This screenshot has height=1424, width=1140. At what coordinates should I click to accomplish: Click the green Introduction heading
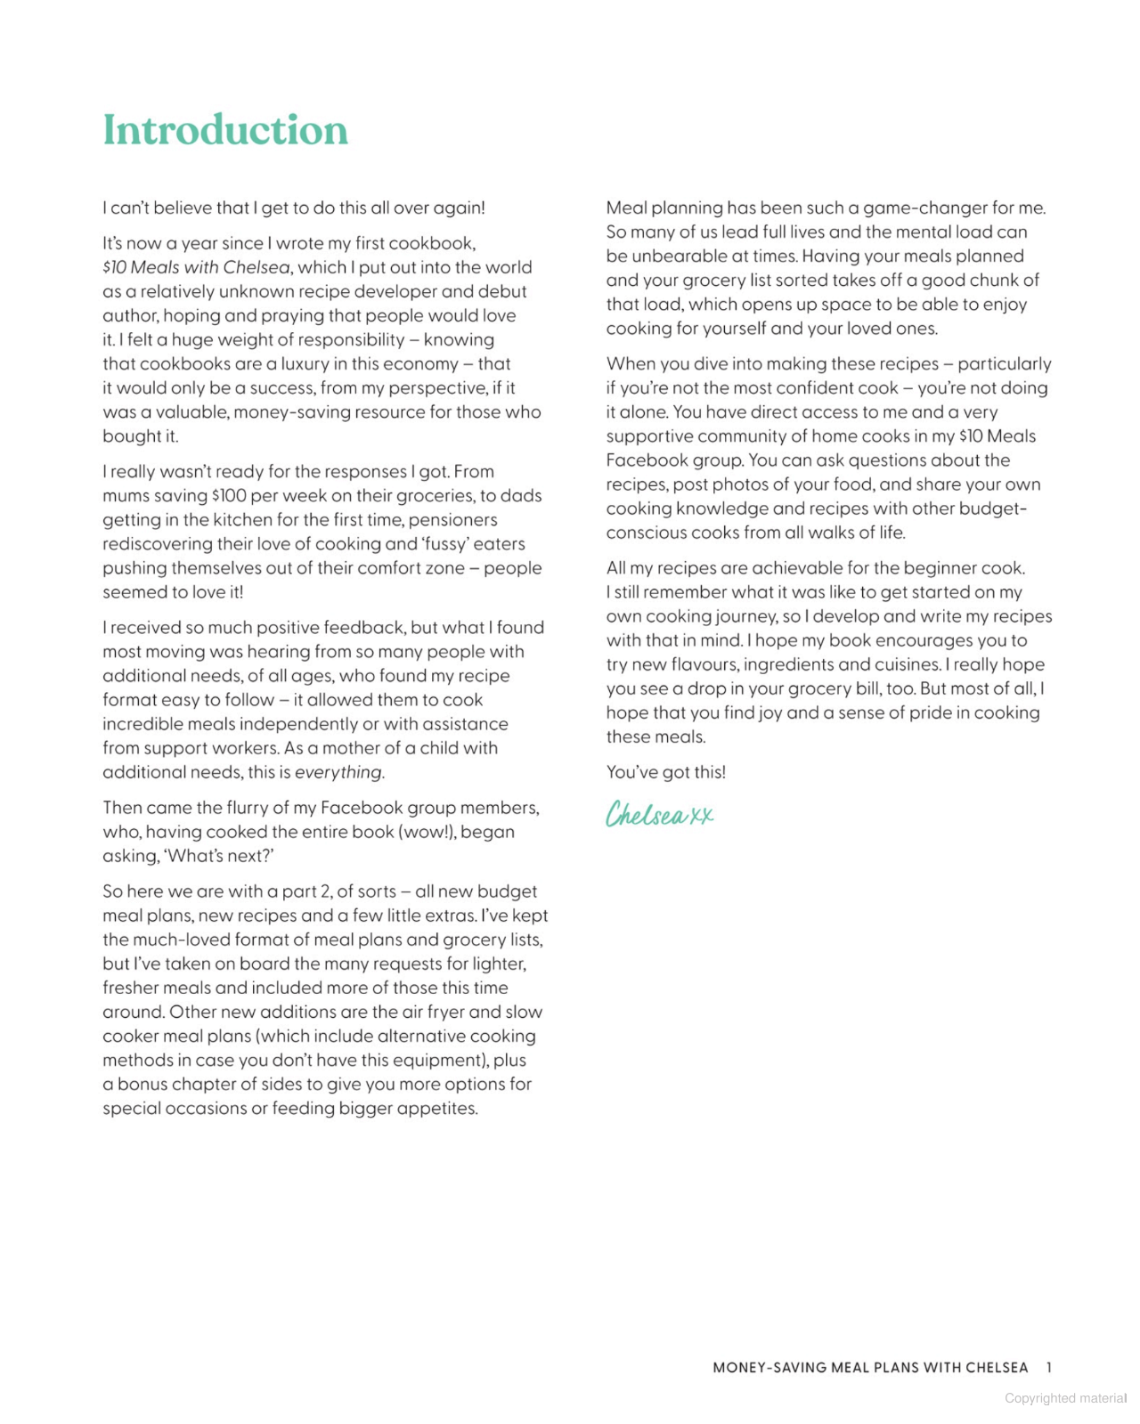[x=225, y=130]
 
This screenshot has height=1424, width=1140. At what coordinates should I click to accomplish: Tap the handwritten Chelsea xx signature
[x=659, y=814]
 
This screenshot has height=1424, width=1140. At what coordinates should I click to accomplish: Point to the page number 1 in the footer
[x=1049, y=1367]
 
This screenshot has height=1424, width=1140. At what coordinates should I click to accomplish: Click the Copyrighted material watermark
[x=1065, y=1398]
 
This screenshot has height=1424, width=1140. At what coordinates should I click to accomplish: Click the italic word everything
[x=338, y=772]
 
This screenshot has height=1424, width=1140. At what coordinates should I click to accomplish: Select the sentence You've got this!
[x=666, y=772]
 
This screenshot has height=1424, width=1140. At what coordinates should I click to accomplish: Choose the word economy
[x=420, y=364]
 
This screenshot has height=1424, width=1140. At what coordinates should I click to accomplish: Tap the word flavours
[x=693, y=665]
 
